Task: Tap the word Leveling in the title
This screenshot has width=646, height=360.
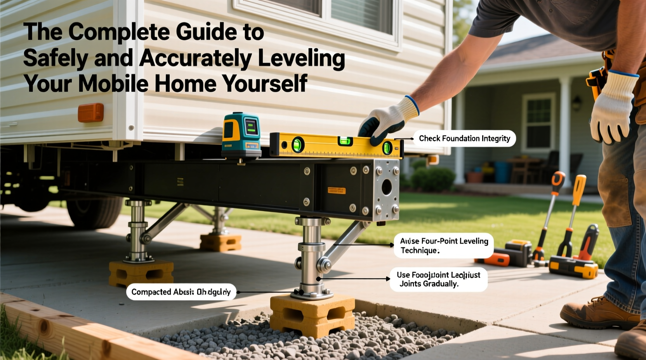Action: pos(301,59)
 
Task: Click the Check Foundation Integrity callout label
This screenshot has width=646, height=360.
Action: pos(464,138)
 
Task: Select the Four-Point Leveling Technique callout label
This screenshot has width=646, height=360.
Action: pos(444,246)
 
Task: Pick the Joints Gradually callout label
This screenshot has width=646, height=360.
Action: pos(438,279)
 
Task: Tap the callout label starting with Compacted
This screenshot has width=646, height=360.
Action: pos(181,292)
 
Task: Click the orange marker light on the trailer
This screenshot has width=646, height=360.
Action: pos(90,113)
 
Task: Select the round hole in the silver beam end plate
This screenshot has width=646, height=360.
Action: pos(387,187)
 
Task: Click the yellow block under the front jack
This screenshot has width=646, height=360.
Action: pos(312,314)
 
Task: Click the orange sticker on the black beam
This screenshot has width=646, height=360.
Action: pos(336,190)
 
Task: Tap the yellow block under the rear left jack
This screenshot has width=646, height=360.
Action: pos(141,273)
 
